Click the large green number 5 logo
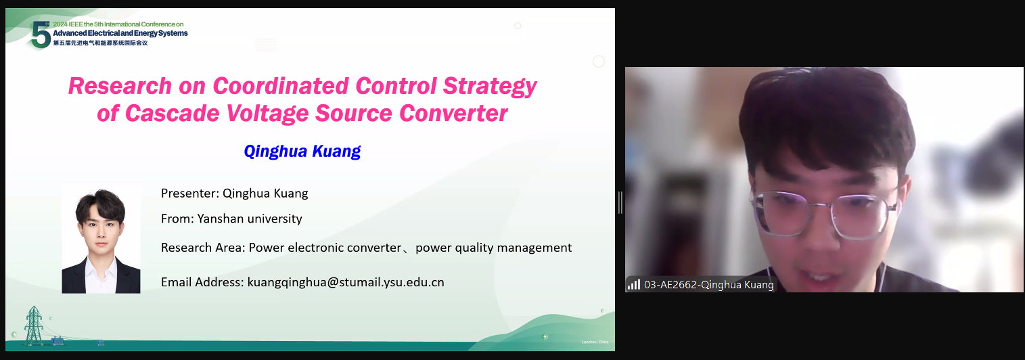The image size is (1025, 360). click(41, 35)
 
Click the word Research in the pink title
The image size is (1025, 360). click(120, 86)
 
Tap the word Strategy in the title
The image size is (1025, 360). click(490, 87)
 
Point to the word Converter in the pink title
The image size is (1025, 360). click(453, 114)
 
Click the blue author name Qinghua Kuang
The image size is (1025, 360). click(302, 151)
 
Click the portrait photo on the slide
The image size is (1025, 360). click(101, 238)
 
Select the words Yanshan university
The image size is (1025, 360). click(250, 219)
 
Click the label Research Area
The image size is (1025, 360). click(203, 248)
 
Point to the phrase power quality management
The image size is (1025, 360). click(493, 248)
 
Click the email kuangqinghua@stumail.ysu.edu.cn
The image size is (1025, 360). click(346, 282)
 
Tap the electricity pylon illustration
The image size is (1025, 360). click(33, 325)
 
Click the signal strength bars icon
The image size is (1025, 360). click(634, 284)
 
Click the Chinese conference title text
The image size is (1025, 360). click(100, 43)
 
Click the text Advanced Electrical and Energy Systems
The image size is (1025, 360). click(120, 33)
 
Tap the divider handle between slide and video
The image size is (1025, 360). click(620, 202)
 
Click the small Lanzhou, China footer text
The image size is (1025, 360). click(595, 342)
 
